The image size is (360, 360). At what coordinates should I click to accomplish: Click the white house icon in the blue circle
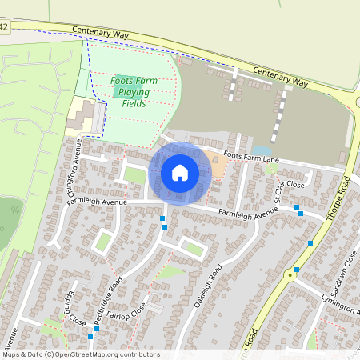(x=179, y=172)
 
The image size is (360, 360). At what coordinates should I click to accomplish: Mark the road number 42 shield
(x=4, y=27)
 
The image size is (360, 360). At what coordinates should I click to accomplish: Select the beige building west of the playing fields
(x=83, y=117)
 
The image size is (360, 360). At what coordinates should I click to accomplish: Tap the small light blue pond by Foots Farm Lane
(x=262, y=150)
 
